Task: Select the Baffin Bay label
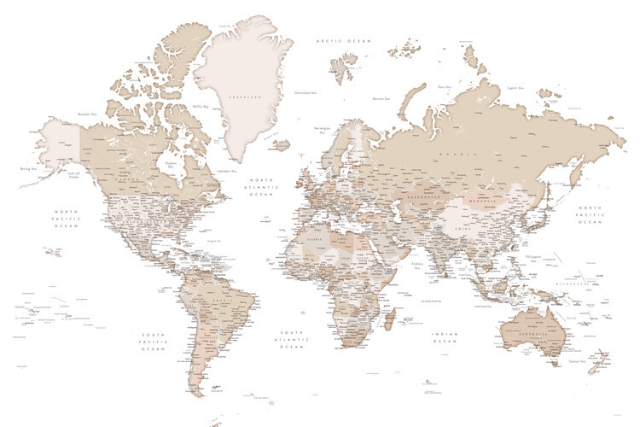(x=201, y=106)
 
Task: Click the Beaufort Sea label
(x=86, y=113)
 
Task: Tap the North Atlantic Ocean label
(x=259, y=187)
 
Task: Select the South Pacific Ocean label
(x=154, y=341)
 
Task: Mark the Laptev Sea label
(x=515, y=87)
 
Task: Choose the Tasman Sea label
(x=577, y=362)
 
